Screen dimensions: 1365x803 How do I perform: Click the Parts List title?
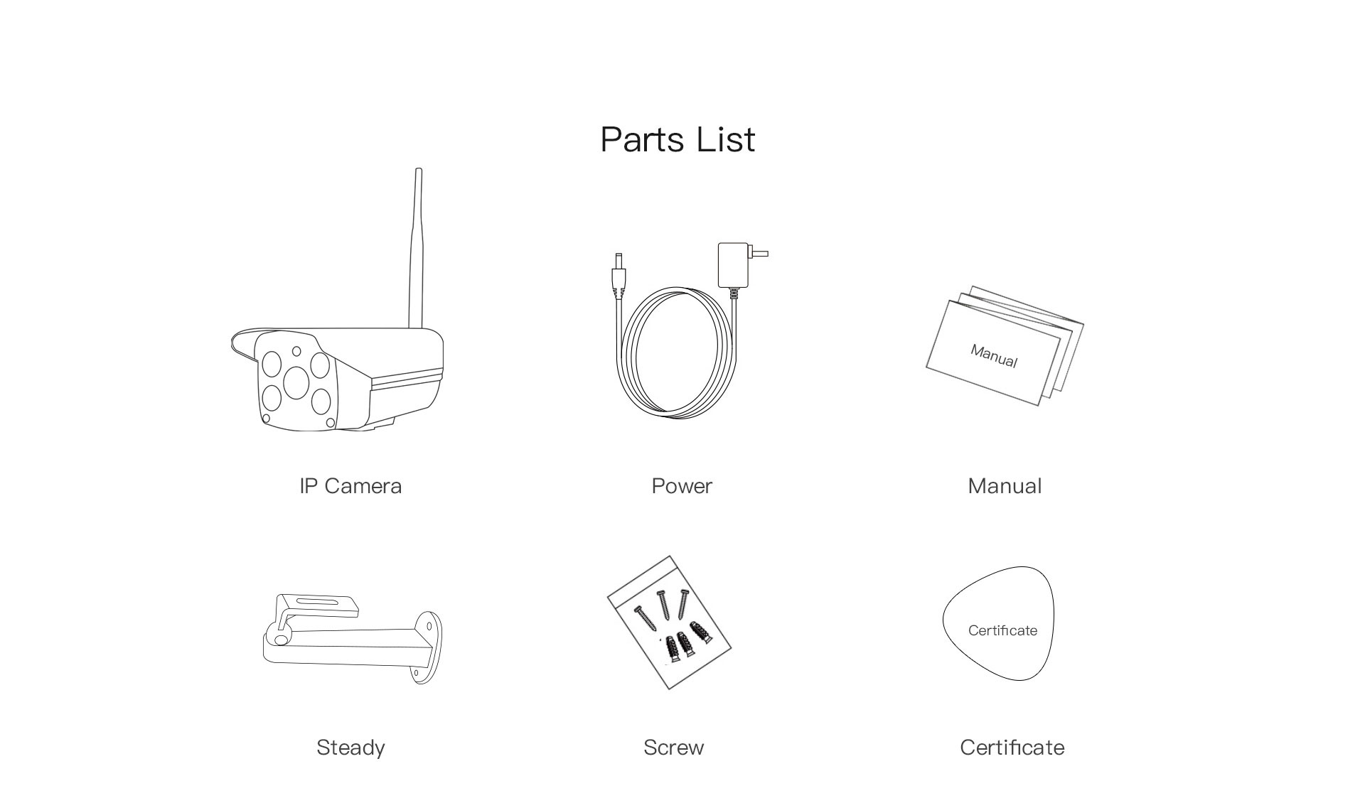click(x=678, y=139)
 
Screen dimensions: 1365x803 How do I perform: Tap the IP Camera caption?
click(x=350, y=486)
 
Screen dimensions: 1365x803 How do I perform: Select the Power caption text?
click(x=682, y=486)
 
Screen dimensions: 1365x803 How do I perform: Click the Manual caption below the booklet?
click(x=1005, y=486)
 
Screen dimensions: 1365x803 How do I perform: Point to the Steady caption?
click(x=350, y=748)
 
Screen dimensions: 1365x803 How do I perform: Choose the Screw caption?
click(x=673, y=748)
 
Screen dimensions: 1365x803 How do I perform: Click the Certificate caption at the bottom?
click(x=1012, y=748)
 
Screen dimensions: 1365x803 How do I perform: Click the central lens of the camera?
click(x=296, y=382)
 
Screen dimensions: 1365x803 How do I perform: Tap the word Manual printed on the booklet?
click(x=994, y=356)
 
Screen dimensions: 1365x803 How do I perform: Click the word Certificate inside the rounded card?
click(x=1002, y=630)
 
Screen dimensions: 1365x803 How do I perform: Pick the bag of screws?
click(x=669, y=623)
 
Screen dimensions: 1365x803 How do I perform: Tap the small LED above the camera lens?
click(x=296, y=351)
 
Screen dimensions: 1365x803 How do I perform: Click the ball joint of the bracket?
click(x=279, y=637)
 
